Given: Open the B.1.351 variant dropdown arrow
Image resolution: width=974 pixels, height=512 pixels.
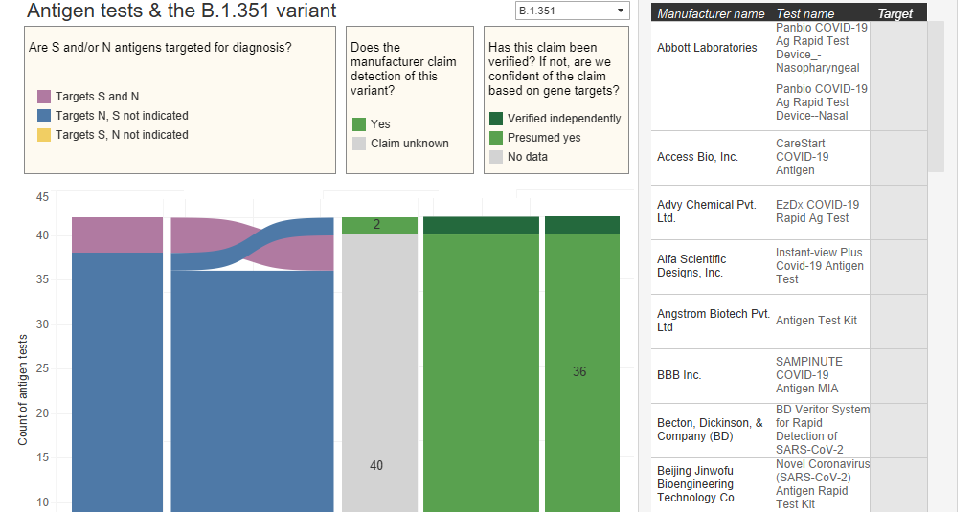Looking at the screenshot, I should (x=621, y=11).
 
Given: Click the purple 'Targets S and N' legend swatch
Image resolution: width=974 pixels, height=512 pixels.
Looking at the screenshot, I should (x=44, y=97).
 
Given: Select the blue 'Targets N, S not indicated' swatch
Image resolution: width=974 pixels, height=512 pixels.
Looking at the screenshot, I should (x=44, y=116).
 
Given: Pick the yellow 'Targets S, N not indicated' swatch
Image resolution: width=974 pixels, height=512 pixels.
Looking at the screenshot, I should (x=44, y=135).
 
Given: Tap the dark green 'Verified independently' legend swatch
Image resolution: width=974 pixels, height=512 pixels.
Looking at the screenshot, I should (x=496, y=119).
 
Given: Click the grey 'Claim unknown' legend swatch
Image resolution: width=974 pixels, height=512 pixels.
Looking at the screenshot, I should (x=359, y=144).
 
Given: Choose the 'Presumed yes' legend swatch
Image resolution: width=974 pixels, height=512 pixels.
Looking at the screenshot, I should (x=496, y=138).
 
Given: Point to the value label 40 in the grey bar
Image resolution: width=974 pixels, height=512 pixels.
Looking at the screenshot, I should (x=376, y=465).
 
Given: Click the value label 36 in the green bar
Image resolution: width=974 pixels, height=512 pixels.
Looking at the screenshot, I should (x=579, y=371).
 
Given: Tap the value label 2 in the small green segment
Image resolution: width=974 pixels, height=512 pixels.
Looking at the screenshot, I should (x=377, y=225).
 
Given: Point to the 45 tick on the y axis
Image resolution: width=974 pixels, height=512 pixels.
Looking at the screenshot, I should (x=42, y=197).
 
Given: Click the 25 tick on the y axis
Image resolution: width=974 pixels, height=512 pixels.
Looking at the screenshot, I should (x=42, y=368).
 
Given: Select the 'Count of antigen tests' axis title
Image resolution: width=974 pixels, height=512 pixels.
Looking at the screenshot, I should (x=23, y=381).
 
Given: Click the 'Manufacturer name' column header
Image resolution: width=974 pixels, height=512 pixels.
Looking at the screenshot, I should (x=711, y=14).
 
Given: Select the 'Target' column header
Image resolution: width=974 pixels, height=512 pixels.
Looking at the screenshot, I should (x=895, y=14).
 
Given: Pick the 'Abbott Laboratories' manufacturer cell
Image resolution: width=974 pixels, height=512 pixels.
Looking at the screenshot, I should (x=707, y=48).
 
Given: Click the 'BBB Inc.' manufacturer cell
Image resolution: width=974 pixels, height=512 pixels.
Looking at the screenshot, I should (x=679, y=375).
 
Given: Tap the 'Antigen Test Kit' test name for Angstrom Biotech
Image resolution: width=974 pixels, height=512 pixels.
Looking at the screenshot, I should (x=817, y=321).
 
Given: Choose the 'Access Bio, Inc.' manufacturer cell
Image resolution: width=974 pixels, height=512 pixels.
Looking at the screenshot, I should (x=697, y=157).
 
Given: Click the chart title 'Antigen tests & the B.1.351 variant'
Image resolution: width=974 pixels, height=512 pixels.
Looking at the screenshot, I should (x=182, y=11).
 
